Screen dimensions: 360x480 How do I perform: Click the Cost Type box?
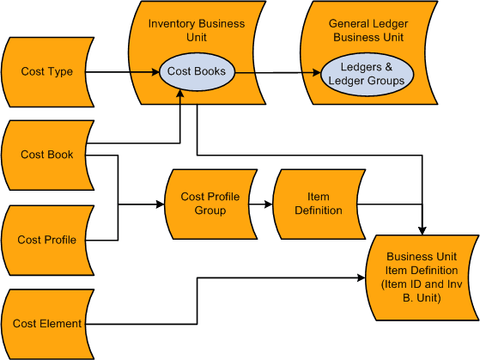point(47,72)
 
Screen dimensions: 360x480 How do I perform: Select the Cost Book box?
point(47,155)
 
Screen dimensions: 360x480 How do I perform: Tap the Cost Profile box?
point(47,240)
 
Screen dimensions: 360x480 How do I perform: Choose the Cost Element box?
point(47,324)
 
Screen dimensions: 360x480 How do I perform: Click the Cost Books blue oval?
point(197,72)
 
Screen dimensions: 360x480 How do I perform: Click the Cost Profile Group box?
point(210,204)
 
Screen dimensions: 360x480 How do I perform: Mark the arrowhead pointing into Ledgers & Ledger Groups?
point(319,74)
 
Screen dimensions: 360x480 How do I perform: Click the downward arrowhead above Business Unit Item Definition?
point(422,229)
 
